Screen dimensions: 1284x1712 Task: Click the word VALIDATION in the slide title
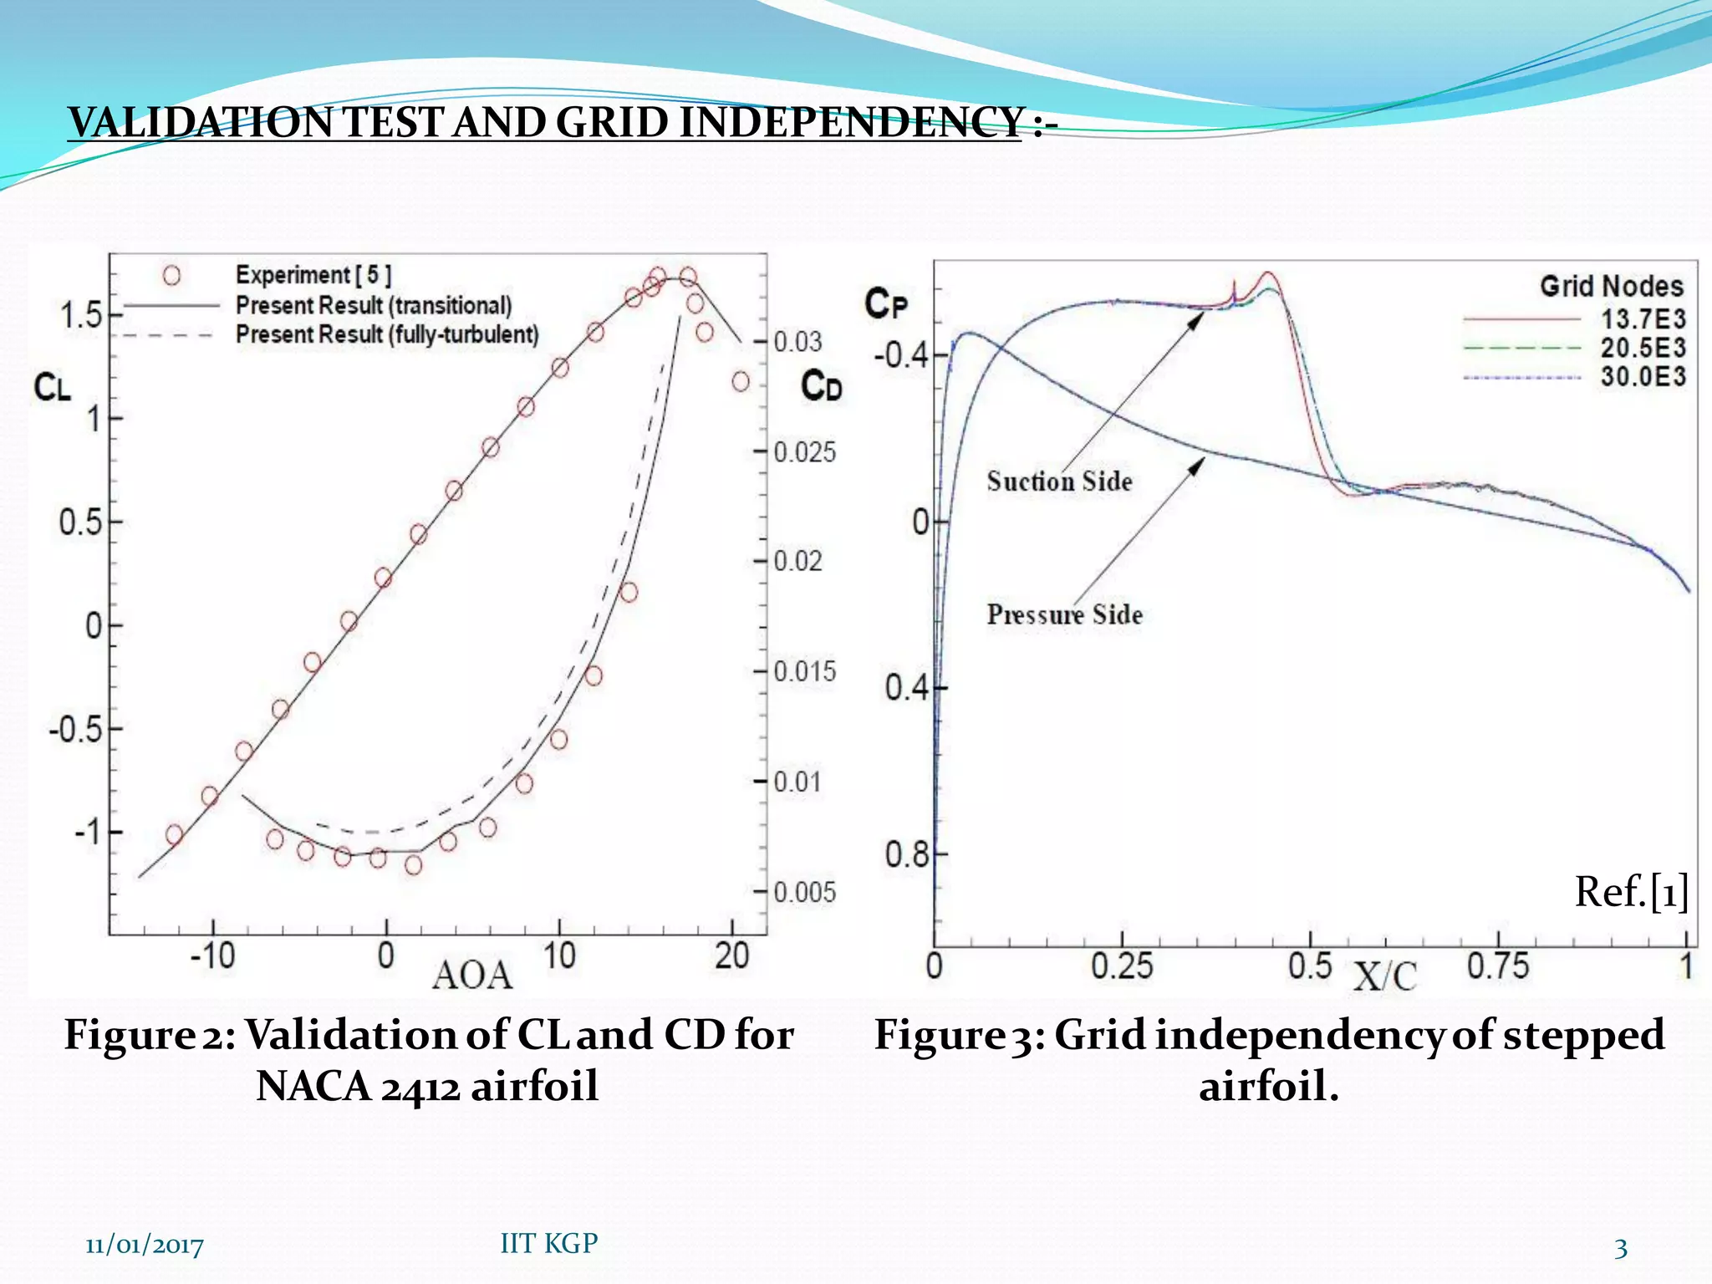pos(201,123)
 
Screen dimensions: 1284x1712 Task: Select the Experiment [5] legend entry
pos(313,275)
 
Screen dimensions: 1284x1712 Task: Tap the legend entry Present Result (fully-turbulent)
pos(387,334)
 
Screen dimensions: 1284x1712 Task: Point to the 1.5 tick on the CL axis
pos(80,316)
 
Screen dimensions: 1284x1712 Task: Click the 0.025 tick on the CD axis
pos(803,452)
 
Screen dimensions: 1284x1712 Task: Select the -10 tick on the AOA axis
pos(212,955)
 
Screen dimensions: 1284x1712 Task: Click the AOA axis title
pos(472,976)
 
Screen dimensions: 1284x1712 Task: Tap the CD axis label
pos(821,387)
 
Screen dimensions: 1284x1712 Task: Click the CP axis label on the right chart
pos(885,303)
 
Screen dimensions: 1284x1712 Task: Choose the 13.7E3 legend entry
pos(1643,319)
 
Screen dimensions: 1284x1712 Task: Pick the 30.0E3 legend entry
pos(1643,376)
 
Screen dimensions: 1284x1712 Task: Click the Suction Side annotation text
pos(1059,481)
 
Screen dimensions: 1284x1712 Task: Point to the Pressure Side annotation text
pos(1064,614)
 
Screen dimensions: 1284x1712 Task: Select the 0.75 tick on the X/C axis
pos(1498,966)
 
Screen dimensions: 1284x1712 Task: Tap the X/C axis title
pos(1385,976)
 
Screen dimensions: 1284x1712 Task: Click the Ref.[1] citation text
pos(1631,892)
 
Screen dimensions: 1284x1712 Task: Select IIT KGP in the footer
pos(548,1243)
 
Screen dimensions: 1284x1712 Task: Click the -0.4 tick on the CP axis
pos(901,355)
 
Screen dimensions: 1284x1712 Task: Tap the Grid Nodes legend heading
pos(1611,287)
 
